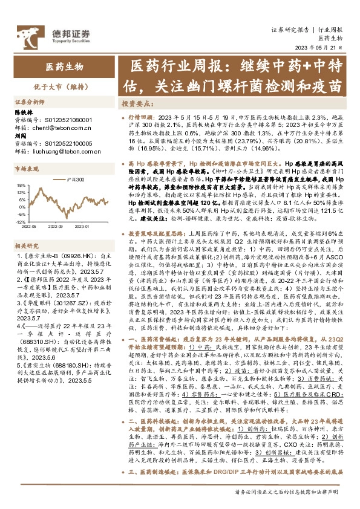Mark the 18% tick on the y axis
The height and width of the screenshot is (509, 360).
point(20,186)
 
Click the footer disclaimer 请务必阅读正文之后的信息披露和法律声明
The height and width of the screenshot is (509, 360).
point(288,491)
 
